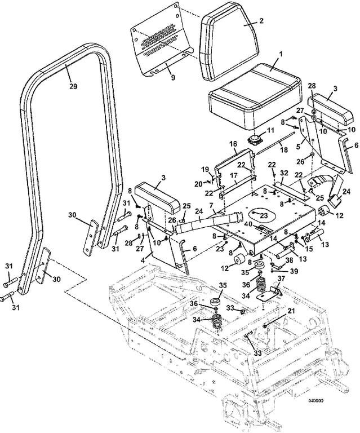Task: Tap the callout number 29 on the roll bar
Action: click(x=73, y=86)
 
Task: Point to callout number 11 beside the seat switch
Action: click(x=271, y=130)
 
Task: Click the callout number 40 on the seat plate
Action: click(x=249, y=224)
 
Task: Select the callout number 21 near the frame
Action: click(x=291, y=311)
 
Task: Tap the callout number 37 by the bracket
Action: click(x=281, y=279)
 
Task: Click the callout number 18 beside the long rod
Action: click(x=283, y=149)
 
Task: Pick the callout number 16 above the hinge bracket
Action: click(x=233, y=144)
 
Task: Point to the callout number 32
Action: click(x=284, y=173)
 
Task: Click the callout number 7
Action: click(x=211, y=205)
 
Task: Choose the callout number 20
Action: click(x=199, y=183)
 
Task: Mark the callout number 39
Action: click(x=294, y=271)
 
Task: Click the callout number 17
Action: click(x=233, y=175)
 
